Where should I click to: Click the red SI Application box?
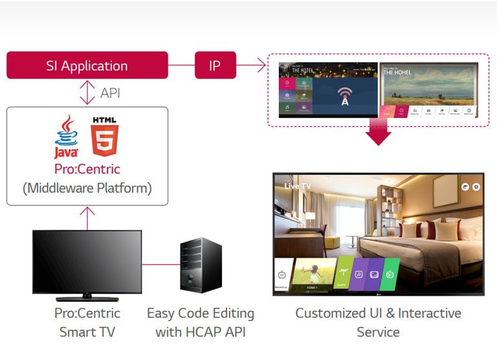(87, 65)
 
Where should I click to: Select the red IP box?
(215, 65)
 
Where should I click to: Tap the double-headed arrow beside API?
(87, 93)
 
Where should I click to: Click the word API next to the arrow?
(110, 93)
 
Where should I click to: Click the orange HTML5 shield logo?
(104, 137)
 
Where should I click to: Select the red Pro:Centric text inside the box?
(87, 169)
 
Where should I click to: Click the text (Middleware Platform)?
(87, 188)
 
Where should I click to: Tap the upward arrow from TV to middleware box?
(87, 218)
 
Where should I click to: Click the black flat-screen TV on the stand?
(87, 261)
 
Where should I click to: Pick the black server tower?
(201, 265)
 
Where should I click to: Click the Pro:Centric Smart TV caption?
(87, 322)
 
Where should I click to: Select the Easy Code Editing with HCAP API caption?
(201, 322)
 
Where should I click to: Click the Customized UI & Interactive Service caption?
(378, 322)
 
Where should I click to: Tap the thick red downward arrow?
(378, 133)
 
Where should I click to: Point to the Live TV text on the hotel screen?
(298, 186)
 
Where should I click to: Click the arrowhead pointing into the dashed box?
(261, 65)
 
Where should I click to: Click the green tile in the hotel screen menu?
(390, 274)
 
